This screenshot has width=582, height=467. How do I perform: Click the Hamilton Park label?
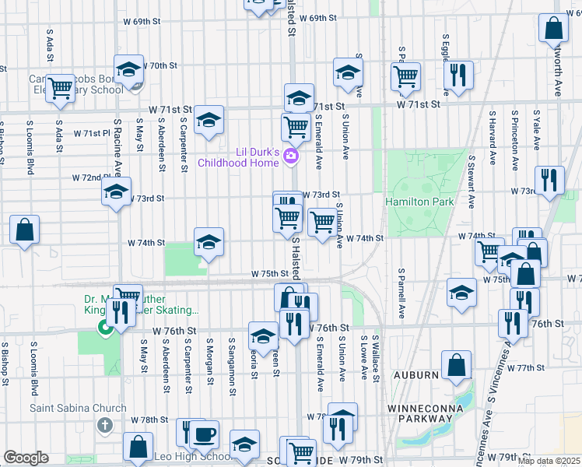pos(419,202)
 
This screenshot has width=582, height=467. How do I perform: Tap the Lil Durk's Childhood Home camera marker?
pos(291,156)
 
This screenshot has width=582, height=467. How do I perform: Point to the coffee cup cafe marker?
pos(205,434)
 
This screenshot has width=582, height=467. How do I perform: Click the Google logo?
pos(26,458)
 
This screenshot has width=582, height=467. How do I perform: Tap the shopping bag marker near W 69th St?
pos(553,28)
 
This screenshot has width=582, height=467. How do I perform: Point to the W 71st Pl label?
pos(93,134)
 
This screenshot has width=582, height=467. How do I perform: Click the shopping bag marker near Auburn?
pos(456,364)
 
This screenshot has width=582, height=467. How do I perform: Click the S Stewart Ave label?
pos(471,181)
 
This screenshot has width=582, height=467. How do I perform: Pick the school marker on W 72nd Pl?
pos(116,191)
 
